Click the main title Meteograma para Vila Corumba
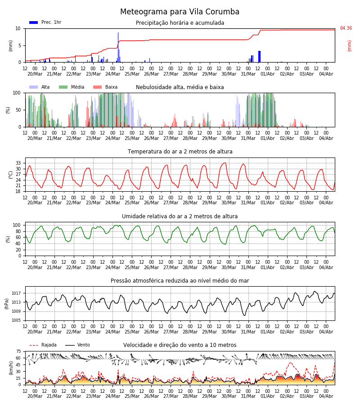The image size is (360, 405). [180, 12]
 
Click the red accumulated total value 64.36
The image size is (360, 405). [346, 28]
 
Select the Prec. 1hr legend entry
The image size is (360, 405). [45, 22]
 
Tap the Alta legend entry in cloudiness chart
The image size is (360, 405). [39, 87]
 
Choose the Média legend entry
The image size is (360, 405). [72, 87]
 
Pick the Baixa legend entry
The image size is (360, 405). [105, 87]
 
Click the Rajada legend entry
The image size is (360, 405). [43, 345]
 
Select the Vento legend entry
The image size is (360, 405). [77, 345]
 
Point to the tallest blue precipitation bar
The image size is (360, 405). [118, 47]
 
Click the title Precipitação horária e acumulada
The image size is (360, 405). [180, 23]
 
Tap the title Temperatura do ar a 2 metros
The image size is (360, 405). [180, 151]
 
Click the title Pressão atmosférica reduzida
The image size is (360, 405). [180, 280]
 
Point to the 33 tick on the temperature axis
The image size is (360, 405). [18, 163]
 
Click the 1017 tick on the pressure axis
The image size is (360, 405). [17, 293]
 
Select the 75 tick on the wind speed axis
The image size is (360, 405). [18, 351]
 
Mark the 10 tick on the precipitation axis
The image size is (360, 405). [18, 28]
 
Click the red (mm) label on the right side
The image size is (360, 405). [349, 46]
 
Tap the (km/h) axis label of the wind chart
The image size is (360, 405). [11, 368]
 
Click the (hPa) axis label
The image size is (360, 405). [7, 304]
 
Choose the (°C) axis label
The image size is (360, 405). [11, 175]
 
